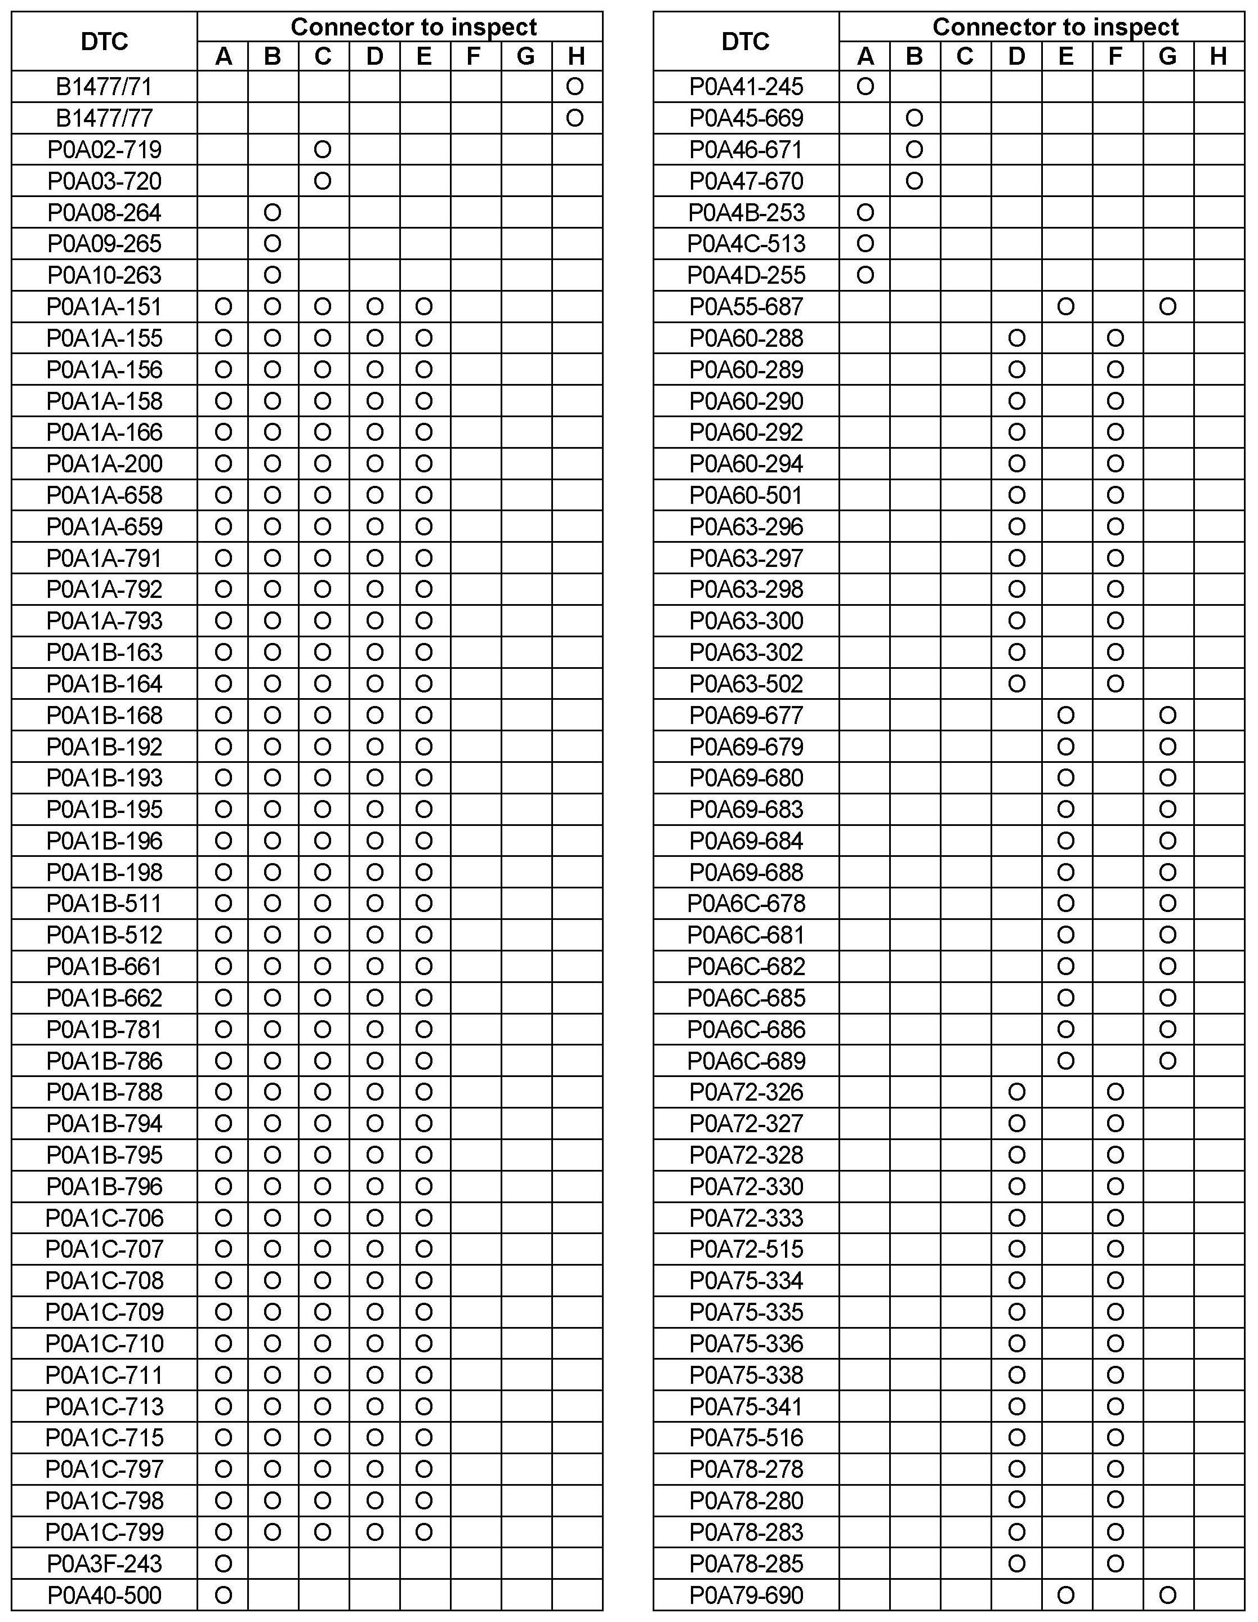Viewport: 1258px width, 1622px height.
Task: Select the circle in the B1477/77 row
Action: (574, 119)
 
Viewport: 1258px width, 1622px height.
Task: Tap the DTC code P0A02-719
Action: (104, 150)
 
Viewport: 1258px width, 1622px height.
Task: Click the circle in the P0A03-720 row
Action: (322, 181)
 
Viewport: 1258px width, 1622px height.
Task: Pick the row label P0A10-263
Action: (104, 275)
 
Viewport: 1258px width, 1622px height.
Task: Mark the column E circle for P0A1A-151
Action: (423, 307)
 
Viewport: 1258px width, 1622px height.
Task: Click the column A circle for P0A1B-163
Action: (223, 652)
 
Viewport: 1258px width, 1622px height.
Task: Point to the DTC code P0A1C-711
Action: (104, 1375)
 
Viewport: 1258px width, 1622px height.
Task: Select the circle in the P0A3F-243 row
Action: (223, 1564)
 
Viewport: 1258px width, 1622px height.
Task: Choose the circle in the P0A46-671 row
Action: (914, 150)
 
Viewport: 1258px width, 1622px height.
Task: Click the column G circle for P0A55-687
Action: (1167, 307)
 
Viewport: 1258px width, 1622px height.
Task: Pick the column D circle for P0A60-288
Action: (1016, 338)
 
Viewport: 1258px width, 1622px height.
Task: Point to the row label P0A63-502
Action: (746, 684)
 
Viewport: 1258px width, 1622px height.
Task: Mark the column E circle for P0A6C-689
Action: (1065, 1061)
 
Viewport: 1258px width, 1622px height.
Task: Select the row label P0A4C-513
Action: (746, 244)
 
